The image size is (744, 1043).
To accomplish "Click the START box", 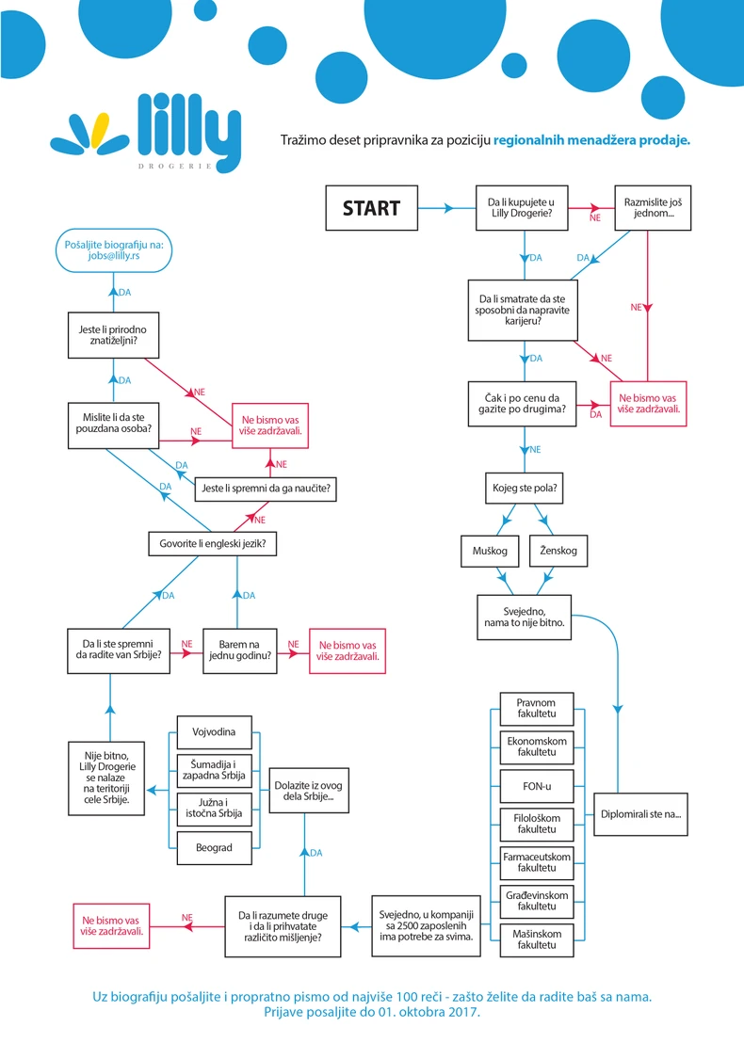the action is point(371,208).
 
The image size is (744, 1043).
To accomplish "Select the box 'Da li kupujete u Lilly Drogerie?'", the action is point(522,208).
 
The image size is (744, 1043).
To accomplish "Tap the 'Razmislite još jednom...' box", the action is point(652,208).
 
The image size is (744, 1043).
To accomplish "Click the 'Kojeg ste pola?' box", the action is point(525,489).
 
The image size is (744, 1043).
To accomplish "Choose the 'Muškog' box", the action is point(490,551).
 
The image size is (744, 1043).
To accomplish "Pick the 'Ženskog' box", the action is point(558,551).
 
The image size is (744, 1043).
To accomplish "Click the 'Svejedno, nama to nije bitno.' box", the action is point(524,618).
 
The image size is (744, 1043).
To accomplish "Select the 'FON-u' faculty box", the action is point(537,787).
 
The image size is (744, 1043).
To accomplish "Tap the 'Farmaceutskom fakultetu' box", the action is point(537,863).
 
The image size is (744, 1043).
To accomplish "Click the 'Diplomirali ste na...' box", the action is point(640,814).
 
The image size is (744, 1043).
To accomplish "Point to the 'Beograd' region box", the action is point(215,848).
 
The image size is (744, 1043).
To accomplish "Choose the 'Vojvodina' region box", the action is point(215,732).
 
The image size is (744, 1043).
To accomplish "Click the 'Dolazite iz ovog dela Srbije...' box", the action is point(309,790).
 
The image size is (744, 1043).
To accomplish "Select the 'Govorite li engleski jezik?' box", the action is point(212,544).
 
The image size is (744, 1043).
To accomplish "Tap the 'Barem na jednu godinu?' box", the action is point(239,650).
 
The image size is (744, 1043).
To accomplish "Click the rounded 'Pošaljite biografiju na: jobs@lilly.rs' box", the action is point(113,250).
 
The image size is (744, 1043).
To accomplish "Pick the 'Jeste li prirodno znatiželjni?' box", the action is point(113,335).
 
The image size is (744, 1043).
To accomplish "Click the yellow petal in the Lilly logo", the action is point(100,131).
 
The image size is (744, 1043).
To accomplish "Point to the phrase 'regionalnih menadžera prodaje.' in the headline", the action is point(591,140).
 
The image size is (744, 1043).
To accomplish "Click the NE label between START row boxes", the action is point(595,217).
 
